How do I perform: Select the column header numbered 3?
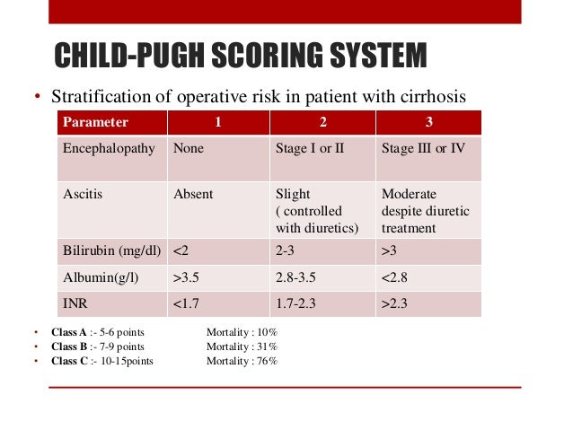pyautogui.click(x=429, y=122)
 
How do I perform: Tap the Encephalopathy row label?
pyautogui.click(x=108, y=148)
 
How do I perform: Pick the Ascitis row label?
pyautogui.click(x=83, y=193)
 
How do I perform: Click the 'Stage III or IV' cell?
pyautogui.click(x=423, y=148)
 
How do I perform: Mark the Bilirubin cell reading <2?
pyautogui.click(x=181, y=251)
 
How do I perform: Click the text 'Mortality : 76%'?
pyautogui.click(x=242, y=361)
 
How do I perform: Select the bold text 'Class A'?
pyautogui.click(x=69, y=332)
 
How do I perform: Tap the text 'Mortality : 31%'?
pyautogui.click(x=242, y=347)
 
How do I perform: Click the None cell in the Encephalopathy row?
pyautogui.click(x=189, y=148)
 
